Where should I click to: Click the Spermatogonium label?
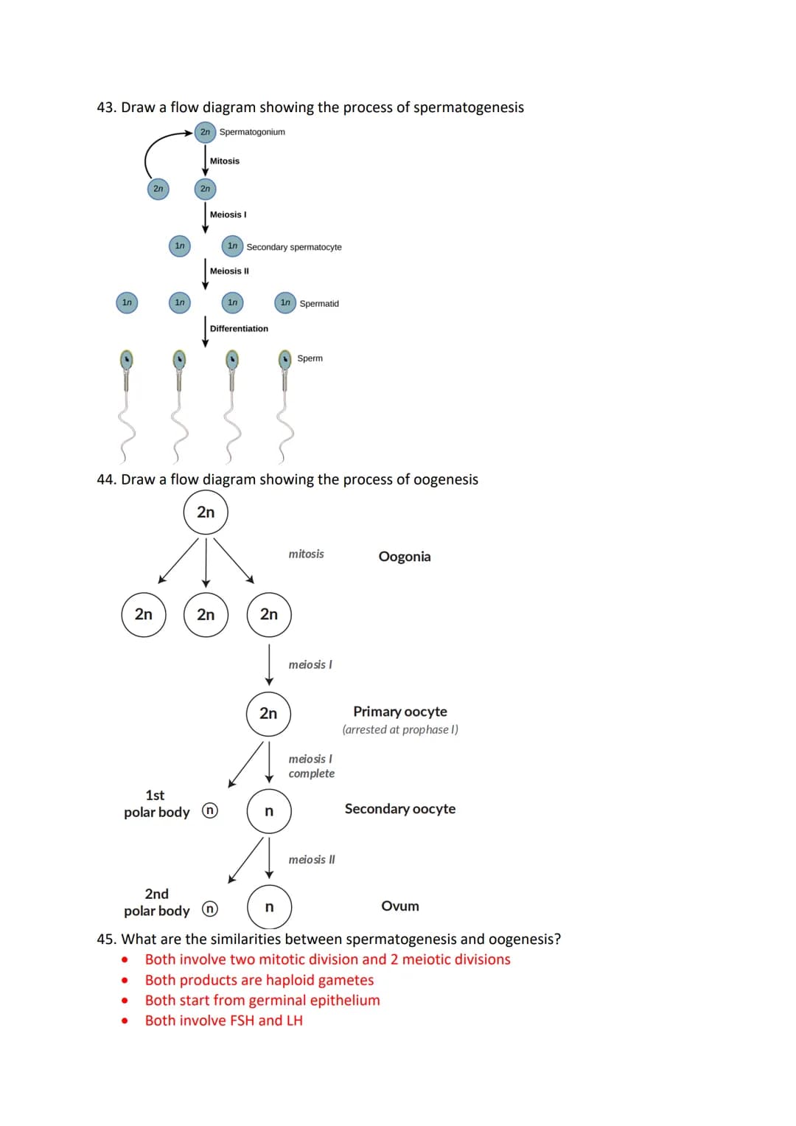[x=252, y=132]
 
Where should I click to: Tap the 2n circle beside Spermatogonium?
[x=205, y=132]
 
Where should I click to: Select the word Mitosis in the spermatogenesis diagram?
[x=225, y=161]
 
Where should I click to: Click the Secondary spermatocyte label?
[x=293, y=247]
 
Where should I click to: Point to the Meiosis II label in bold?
[x=229, y=271]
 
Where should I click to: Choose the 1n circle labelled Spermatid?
[x=285, y=302]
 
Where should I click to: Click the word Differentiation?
[x=239, y=329]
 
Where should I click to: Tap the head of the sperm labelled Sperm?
[x=285, y=359]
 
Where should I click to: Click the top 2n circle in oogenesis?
[x=206, y=512]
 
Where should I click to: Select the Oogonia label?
[x=405, y=557]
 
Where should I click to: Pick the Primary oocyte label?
[x=400, y=712]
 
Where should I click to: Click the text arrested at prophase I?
[x=400, y=730]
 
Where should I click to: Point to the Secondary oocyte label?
[x=400, y=809]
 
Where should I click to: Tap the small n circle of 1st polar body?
[x=210, y=810]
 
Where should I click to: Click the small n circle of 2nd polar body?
[x=210, y=908]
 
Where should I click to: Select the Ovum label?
[x=400, y=906]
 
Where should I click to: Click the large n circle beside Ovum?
[x=269, y=907]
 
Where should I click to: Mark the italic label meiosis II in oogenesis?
[x=312, y=860]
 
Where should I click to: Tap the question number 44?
[x=106, y=480]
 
